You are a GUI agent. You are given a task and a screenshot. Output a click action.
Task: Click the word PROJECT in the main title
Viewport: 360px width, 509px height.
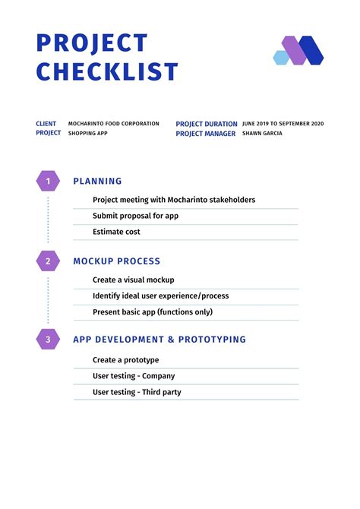(x=92, y=43)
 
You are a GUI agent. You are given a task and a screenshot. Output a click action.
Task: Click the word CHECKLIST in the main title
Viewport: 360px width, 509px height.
(x=107, y=72)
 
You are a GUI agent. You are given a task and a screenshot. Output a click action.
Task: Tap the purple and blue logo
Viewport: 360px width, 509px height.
(x=298, y=50)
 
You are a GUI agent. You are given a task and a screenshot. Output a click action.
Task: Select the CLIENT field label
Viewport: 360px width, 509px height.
(x=46, y=123)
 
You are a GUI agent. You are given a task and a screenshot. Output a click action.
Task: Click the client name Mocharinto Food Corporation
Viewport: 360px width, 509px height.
(x=114, y=123)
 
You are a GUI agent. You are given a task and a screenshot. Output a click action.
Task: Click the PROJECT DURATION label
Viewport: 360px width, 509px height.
(x=207, y=124)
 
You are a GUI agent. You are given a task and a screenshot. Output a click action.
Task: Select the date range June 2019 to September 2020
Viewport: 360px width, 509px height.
(x=283, y=123)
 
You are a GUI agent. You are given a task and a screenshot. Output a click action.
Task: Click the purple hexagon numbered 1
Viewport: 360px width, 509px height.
(x=48, y=182)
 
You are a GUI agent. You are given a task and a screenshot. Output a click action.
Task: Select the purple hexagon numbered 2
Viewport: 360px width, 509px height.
(x=48, y=261)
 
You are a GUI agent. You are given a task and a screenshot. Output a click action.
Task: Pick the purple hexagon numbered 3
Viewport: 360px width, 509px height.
(x=48, y=340)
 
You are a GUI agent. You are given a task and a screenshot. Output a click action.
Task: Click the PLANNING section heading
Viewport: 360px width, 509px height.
(x=97, y=182)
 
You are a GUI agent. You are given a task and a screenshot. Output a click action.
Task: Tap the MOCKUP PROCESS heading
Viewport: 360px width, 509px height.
(x=116, y=261)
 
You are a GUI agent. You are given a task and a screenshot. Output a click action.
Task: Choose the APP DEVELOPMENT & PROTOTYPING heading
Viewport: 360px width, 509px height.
(x=159, y=340)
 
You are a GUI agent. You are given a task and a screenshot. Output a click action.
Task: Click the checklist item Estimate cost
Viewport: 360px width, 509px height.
(x=116, y=232)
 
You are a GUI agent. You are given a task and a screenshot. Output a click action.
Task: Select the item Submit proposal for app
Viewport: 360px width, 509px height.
(x=135, y=216)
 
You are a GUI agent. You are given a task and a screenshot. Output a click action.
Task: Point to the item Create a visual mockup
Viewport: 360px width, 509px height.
(x=133, y=280)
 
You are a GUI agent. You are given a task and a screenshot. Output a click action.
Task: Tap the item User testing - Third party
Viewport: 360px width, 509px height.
(x=137, y=392)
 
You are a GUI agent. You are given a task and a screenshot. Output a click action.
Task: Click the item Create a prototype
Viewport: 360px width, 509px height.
(x=125, y=359)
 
